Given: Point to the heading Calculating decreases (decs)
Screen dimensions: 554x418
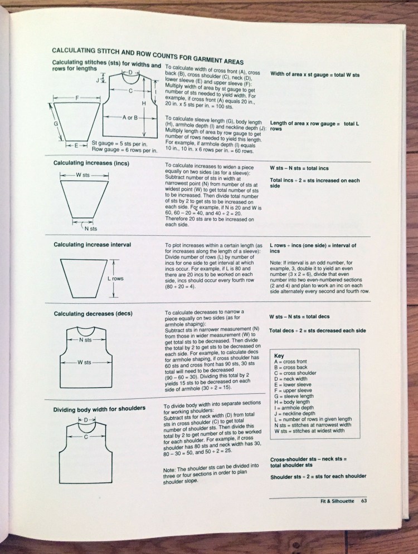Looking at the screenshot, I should [x=93, y=314].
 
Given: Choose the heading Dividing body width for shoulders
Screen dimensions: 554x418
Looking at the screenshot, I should [x=99, y=409].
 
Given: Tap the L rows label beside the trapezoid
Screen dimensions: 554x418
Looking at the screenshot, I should [x=115, y=278].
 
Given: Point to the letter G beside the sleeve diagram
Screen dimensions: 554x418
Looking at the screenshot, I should [x=56, y=123].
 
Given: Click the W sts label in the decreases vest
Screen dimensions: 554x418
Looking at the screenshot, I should [x=84, y=362].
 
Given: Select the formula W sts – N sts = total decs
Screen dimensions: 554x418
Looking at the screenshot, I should [x=299, y=316].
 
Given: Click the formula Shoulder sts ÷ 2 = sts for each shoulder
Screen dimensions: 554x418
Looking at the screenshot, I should [x=318, y=476].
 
